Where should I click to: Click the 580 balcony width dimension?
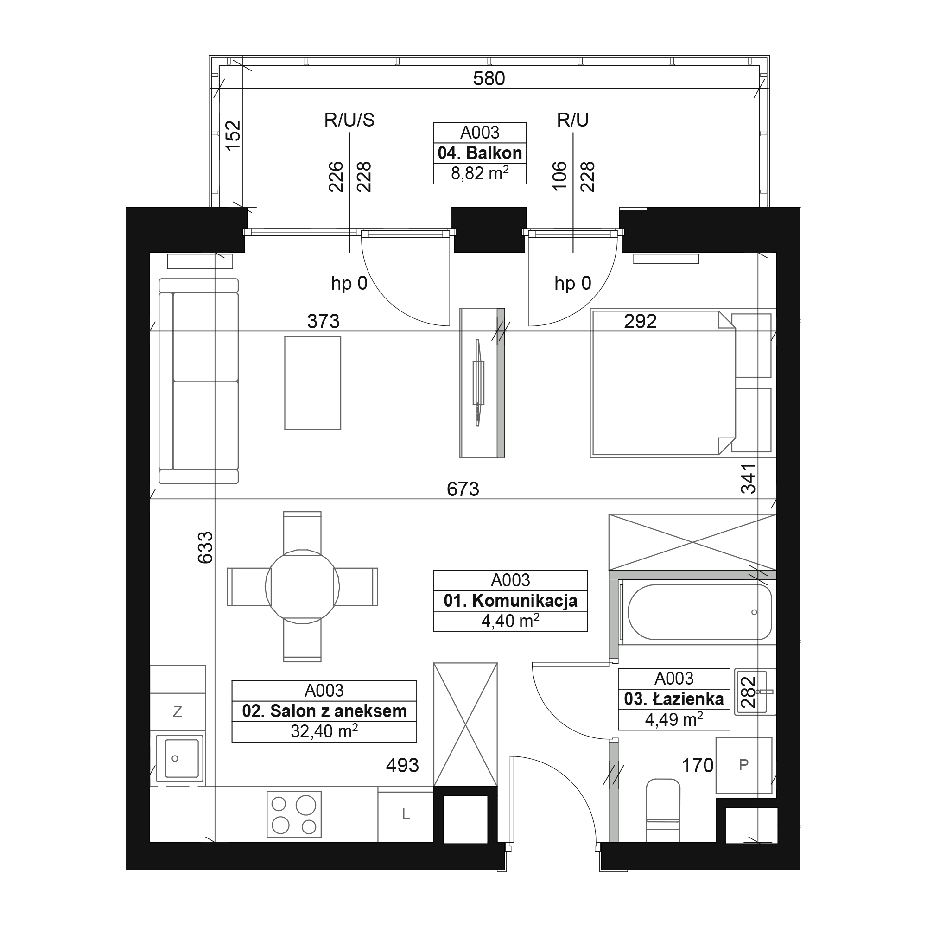(x=489, y=78)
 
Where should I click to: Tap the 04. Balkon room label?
(x=480, y=153)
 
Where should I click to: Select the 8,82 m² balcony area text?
(x=480, y=173)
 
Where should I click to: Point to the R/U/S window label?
(x=349, y=120)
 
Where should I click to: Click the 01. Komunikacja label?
(x=510, y=601)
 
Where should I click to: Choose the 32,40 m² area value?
(x=324, y=731)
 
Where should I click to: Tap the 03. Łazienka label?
(x=673, y=699)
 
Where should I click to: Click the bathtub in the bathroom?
(x=699, y=612)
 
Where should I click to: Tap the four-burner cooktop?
(x=294, y=814)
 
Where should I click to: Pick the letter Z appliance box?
(x=178, y=711)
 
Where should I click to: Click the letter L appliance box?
(x=406, y=814)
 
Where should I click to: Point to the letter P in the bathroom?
(x=744, y=765)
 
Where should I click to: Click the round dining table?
(x=303, y=587)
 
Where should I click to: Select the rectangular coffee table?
(x=313, y=383)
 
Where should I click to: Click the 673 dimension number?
(x=463, y=489)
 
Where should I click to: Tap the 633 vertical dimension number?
(x=205, y=547)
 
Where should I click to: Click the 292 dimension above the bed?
(x=641, y=322)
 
